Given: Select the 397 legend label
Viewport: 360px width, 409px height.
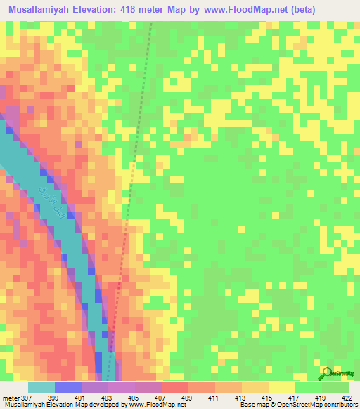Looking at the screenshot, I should (27, 397).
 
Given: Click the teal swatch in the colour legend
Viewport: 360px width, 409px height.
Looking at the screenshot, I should (41, 387).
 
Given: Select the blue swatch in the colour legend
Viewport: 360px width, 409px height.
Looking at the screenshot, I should (68, 387).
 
